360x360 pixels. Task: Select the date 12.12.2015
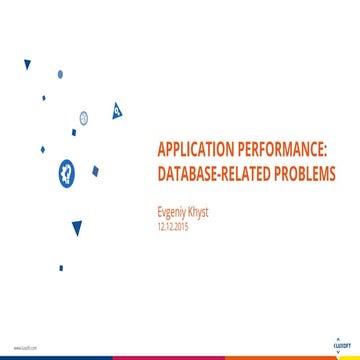(x=174, y=227)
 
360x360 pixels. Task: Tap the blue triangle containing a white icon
(x=117, y=108)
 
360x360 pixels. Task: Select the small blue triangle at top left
(x=27, y=64)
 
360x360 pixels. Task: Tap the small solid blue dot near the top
(x=60, y=73)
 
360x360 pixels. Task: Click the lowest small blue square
(x=60, y=267)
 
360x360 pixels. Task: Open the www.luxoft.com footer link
(x=23, y=347)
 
